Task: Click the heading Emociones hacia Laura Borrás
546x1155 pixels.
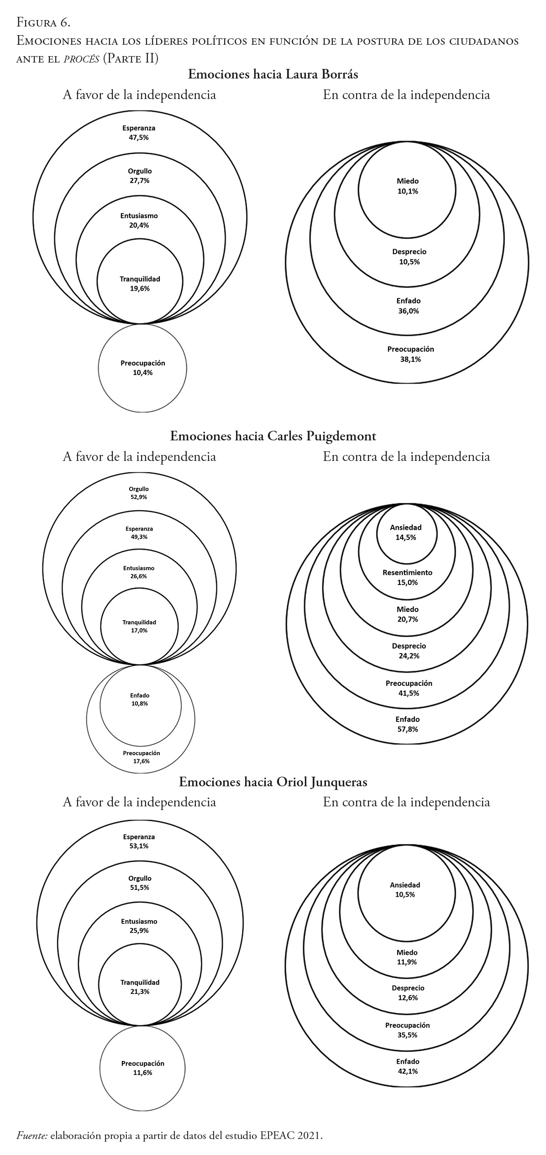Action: tap(273, 74)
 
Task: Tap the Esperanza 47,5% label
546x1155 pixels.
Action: tap(142, 132)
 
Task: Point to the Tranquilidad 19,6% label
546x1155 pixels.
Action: tap(140, 283)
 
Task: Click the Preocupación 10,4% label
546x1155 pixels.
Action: tap(143, 367)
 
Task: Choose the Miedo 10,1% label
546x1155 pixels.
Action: tap(407, 186)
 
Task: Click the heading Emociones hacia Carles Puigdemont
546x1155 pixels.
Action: tap(273, 436)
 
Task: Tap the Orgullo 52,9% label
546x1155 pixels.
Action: tap(138, 493)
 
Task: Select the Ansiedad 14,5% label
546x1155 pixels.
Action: tap(406, 532)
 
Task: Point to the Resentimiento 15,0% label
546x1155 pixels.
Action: tap(407, 577)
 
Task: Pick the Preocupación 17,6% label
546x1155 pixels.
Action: tap(142, 757)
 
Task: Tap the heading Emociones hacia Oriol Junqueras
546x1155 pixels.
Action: tap(273, 782)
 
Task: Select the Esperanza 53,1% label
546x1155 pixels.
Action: tap(139, 841)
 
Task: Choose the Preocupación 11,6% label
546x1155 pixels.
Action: tap(143, 1067)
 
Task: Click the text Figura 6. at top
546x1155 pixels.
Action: tap(43, 22)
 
